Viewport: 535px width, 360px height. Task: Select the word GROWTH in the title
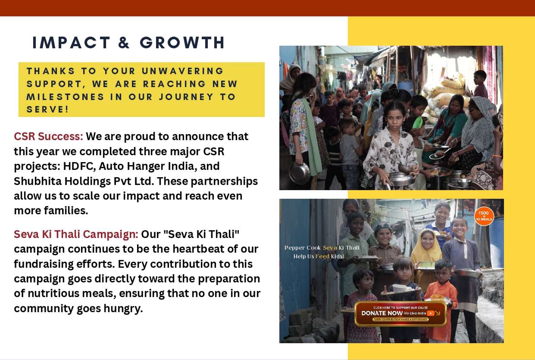click(182, 43)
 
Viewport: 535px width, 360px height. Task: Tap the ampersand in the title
click(125, 43)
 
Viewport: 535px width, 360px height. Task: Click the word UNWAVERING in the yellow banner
click(183, 71)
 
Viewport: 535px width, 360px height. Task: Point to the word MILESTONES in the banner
click(66, 97)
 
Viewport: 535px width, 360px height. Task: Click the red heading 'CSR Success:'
click(48, 136)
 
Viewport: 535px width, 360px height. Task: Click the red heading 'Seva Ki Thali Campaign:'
click(76, 234)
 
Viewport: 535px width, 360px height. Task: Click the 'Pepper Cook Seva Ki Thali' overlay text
click(322, 248)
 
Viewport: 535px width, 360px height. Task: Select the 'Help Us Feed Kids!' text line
click(319, 257)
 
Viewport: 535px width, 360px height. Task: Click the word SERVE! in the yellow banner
click(48, 110)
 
